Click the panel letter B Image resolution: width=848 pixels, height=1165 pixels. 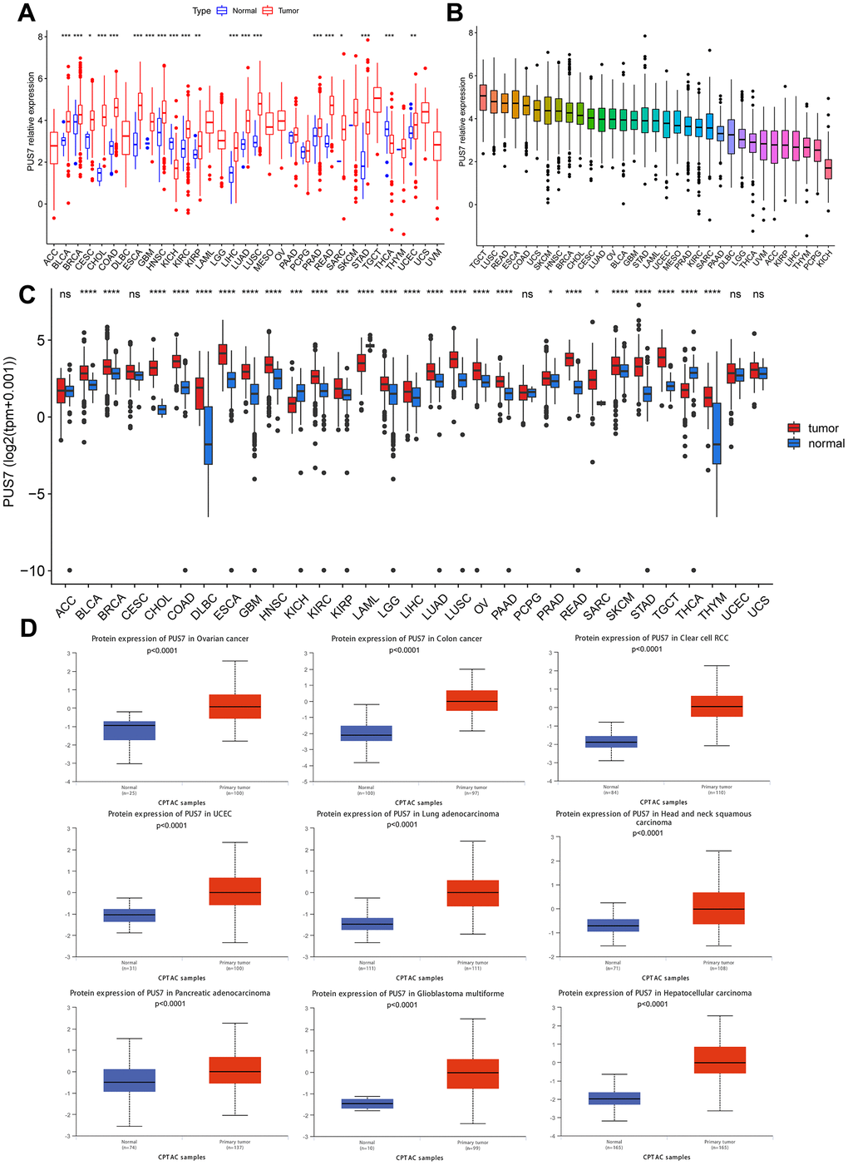pyautogui.click(x=454, y=13)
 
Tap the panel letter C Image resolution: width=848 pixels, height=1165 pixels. pyautogui.click(x=25, y=296)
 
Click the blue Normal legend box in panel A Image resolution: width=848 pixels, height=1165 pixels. pyautogui.click(x=222, y=11)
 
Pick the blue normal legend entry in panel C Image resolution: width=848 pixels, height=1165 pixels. pyautogui.click(x=794, y=443)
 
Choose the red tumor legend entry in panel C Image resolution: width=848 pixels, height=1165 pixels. pyautogui.click(x=794, y=428)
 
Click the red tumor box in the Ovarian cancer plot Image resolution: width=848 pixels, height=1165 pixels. pyautogui.click(x=234, y=706)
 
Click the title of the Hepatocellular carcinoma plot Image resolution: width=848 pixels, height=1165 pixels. pyautogui.click(x=654, y=993)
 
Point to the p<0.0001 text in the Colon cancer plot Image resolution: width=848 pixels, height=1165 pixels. pyautogui.click(x=407, y=650)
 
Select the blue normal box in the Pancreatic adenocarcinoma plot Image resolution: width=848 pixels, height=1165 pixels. pyautogui.click(x=130, y=1079)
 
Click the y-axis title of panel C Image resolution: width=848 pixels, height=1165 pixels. pyautogui.click(x=11, y=432)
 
